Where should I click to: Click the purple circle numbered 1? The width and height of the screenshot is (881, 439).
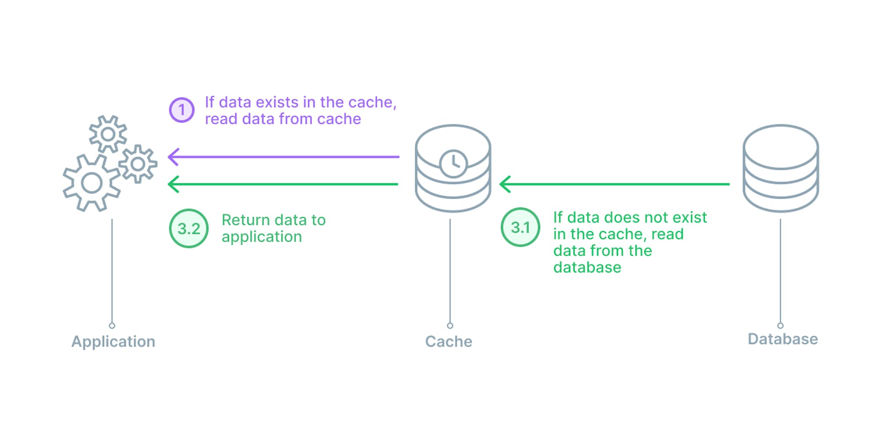click(182, 110)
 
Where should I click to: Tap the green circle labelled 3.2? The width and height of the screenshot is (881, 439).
click(189, 228)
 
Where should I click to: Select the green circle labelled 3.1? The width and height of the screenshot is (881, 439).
click(520, 227)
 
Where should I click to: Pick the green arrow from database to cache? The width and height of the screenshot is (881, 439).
click(615, 184)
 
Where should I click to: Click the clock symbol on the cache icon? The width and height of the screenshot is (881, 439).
click(453, 163)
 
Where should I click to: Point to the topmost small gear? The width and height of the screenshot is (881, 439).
click(108, 134)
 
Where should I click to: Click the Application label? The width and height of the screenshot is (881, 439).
click(113, 341)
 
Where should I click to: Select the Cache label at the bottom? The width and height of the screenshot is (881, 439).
click(449, 341)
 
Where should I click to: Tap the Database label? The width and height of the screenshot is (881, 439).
click(783, 339)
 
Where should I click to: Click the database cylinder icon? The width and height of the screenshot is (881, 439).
click(781, 168)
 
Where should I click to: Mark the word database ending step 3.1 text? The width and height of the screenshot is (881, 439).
click(587, 267)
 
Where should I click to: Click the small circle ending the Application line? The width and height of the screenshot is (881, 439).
click(112, 326)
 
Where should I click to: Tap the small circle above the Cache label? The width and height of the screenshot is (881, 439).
click(450, 326)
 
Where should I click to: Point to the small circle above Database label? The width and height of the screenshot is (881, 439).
click(781, 326)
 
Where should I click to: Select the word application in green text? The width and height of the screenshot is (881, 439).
click(262, 237)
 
